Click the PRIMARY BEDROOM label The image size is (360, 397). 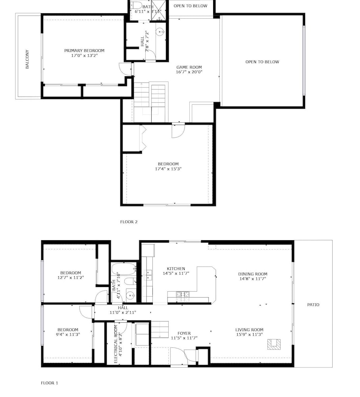coord(84,51)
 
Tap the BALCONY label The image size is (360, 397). coord(27,59)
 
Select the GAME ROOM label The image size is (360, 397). coord(189,67)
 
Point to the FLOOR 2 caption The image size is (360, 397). coord(129,222)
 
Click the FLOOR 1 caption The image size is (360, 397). coord(49,383)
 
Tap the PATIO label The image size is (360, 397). coord(313,304)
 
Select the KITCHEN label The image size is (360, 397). coord(176,269)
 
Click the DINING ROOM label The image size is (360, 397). coord(253,274)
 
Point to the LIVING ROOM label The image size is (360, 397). coord(249,330)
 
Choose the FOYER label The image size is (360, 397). coord(184,333)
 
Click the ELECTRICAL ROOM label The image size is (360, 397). coord(116,344)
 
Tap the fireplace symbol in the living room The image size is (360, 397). coord(274,344)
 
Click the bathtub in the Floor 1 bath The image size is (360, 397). coord(124,269)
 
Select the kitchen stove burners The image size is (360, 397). coord(183,294)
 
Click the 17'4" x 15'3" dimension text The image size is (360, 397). coord(168,169)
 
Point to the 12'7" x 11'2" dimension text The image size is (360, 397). coord(71,278)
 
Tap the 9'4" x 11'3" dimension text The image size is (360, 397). coord(68,334)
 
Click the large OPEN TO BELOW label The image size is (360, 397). coord(262,62)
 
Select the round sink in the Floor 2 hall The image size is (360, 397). coord(160,32)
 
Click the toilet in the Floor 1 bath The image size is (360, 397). coord(130,281)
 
